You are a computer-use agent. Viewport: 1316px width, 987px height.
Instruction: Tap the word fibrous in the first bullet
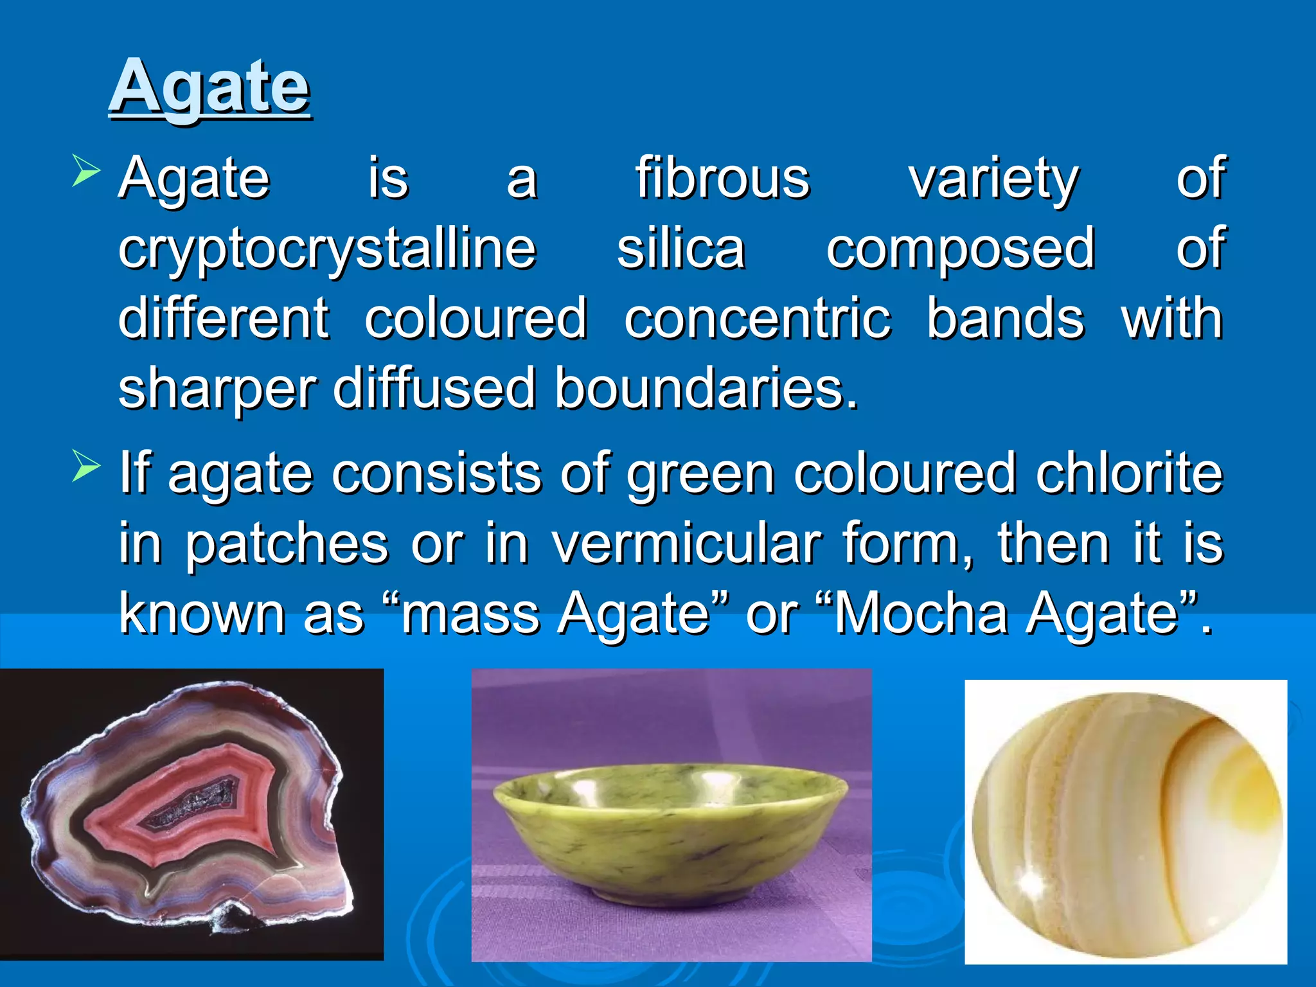(722, 179)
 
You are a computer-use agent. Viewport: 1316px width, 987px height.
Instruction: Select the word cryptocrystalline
(327, 249)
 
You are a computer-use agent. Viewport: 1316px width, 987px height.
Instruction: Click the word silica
(680, 249)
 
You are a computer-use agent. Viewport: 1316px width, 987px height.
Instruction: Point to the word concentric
(758, 319)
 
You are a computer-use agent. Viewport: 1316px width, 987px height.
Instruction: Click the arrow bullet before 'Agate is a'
(86, 170)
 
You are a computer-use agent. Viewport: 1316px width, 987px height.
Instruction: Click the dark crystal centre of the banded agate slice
(193, 803)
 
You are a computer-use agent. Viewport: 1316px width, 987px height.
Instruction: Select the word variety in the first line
(993, 179)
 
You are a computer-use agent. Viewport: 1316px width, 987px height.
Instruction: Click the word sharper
(217, 390)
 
